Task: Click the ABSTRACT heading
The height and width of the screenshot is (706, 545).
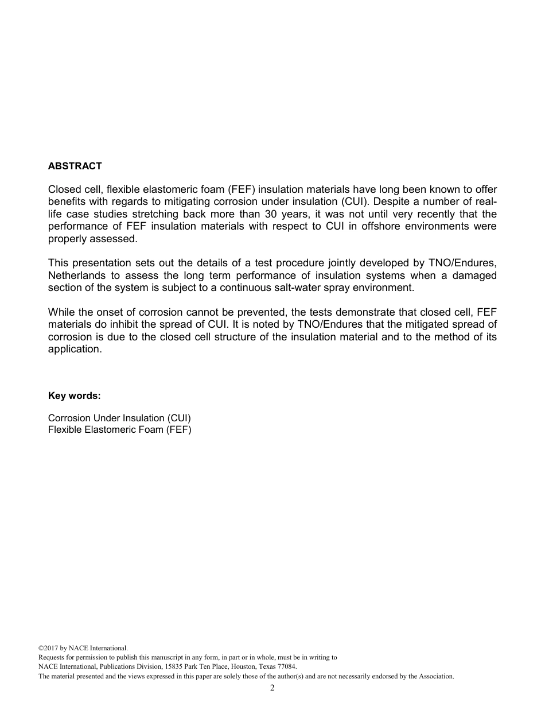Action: click(x=75, y=166)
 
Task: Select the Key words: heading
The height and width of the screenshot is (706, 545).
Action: click(x=74, y=396)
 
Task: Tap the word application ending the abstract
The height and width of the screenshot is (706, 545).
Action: click(x=74, y=349)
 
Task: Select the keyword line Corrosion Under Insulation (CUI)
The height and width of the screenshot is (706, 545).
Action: click(x=119, y=418)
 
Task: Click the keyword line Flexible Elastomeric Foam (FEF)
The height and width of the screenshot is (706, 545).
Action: click(x=119, y=429)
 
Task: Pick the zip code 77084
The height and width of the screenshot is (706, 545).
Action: click(x=287, y=667)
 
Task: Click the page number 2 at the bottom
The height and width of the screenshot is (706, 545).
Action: click(x=272, y=688)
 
